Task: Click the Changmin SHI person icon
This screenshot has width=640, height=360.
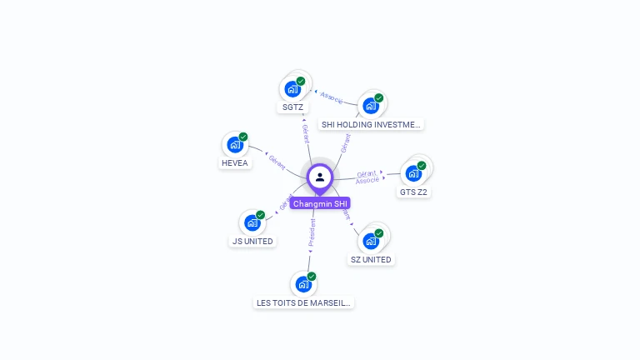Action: pos(320,177)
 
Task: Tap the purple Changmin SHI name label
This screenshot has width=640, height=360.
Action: pos(321,203)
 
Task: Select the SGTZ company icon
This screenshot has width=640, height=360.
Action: pos(292,89)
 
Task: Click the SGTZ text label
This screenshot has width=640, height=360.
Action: pos(292,107)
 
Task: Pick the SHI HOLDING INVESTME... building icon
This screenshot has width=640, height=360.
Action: pos(371,105)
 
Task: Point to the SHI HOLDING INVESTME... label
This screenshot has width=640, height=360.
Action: pos(372,124)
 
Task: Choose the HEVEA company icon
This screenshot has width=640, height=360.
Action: pos(235,144)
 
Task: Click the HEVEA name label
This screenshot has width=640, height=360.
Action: pos(235,163)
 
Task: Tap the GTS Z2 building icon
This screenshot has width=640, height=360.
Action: pos(413,173)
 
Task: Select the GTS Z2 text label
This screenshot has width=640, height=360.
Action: pos(414,192)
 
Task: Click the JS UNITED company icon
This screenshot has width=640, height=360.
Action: pos(252,222)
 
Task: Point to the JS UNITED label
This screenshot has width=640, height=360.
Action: pos(252,241)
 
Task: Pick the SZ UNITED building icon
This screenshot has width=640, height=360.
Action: pos(371,241)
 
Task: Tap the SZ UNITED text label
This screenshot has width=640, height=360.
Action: pos(371,259)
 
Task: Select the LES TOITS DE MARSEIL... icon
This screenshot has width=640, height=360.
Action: pos(303,284)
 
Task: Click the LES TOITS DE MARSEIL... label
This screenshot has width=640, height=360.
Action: pos(304,302)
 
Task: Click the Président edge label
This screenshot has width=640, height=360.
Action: pos(312,233)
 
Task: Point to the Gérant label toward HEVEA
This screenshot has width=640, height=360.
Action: pos(276,161)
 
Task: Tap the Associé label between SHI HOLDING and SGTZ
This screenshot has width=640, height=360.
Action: pos(332,97)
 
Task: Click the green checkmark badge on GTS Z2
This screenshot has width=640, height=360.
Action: pos(422,166)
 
